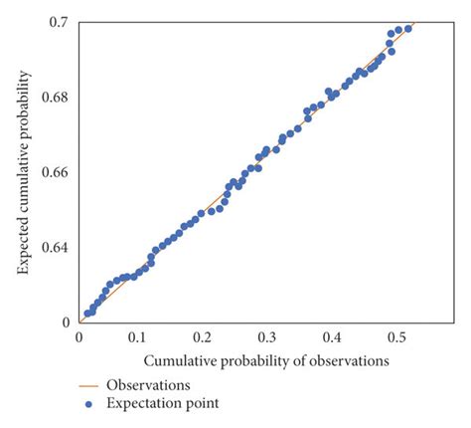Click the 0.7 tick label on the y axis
[59, 22]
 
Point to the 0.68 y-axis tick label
[56, 98]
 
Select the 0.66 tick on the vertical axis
[56, 172]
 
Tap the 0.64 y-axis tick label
[56, 247]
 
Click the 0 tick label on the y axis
[66, 321]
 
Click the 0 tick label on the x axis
[78, 337]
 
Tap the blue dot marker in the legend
[88, 403]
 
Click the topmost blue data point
[408, 28]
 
